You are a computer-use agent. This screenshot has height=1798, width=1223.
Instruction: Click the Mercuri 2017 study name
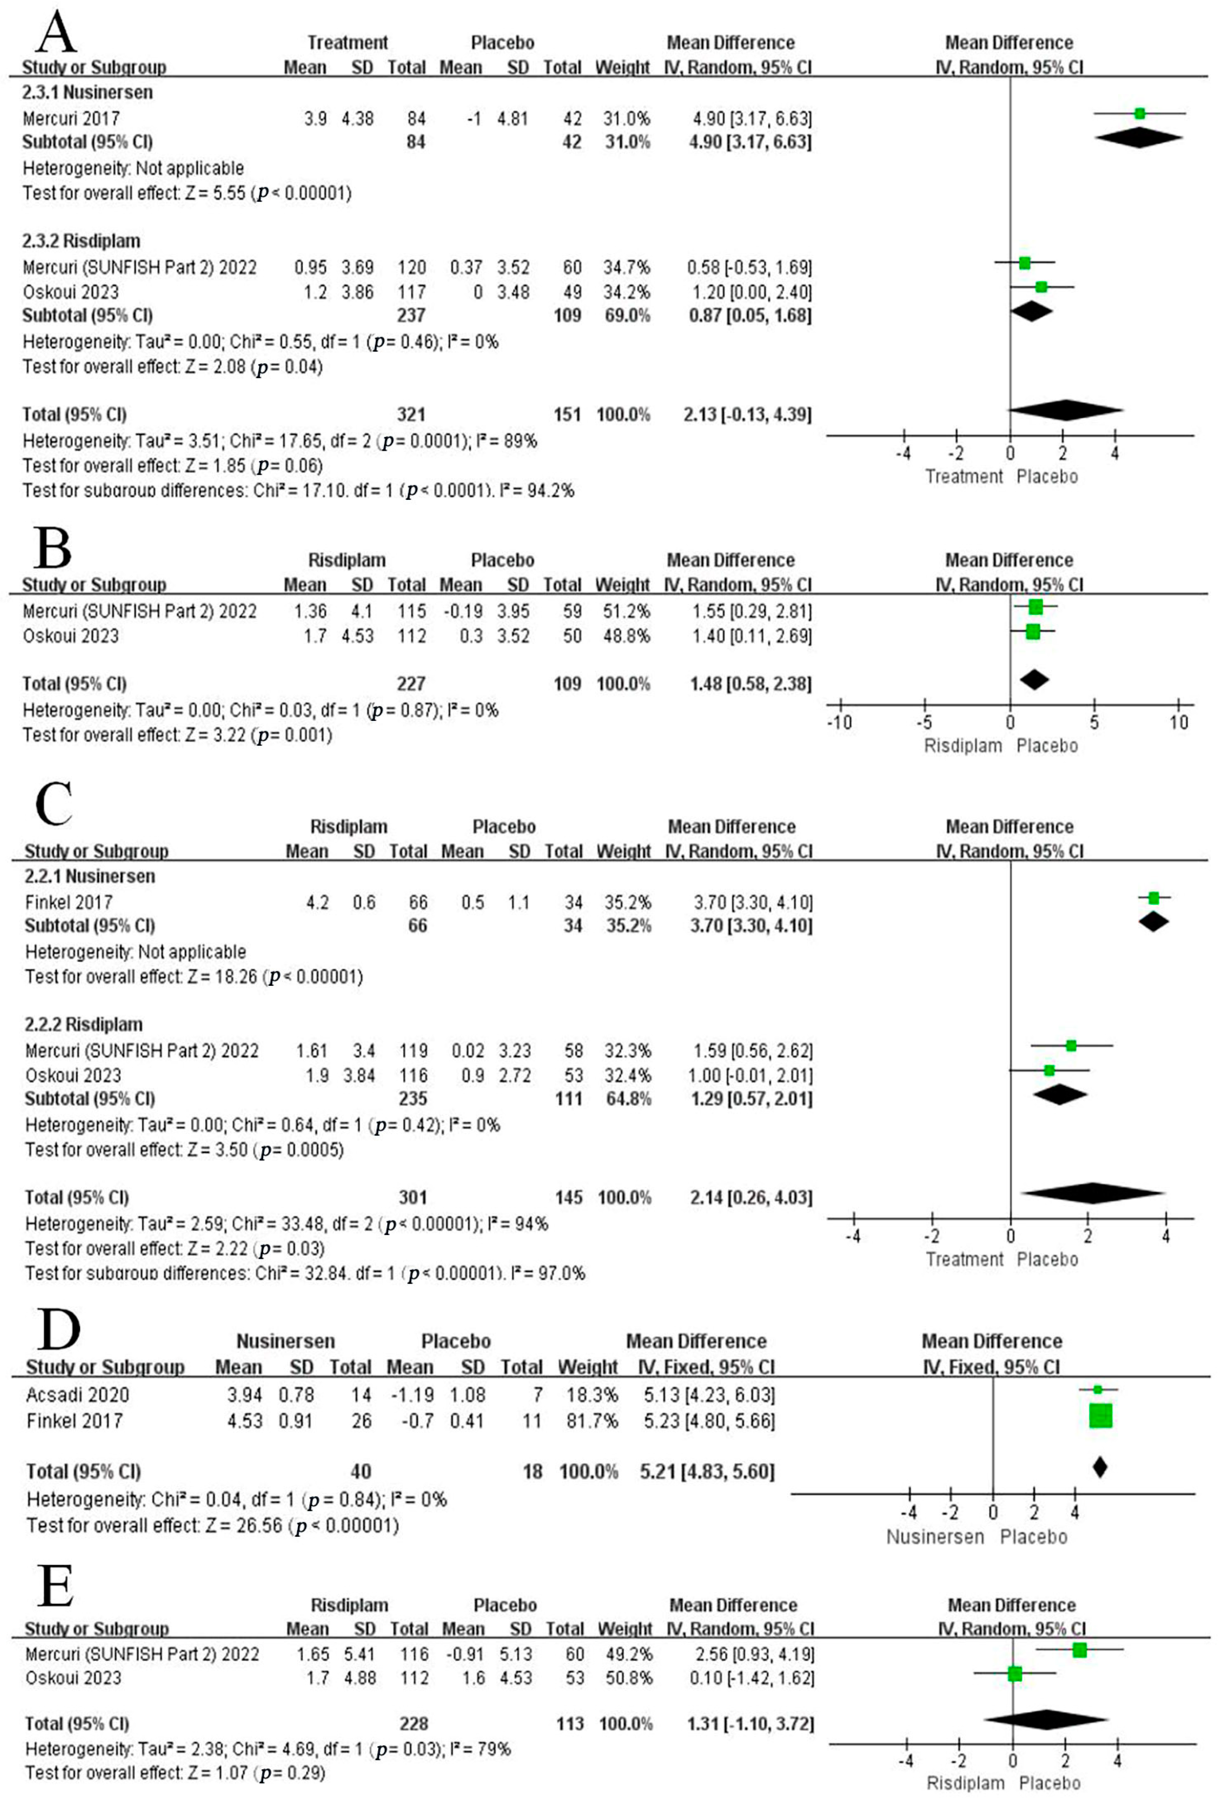pyautogui.click(x=71, y=119)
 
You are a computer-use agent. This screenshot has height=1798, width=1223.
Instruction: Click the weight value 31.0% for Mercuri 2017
pyautogui.click(x=627, y=119)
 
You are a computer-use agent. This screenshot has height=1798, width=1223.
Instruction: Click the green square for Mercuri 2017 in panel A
pyautogui.click(x=1140, y=114)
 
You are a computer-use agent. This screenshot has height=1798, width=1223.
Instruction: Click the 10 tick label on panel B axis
pyautogui.click(x=1178, y=723)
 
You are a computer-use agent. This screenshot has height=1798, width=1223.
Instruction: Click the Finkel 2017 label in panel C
pyautogui.click(x=69, y=902)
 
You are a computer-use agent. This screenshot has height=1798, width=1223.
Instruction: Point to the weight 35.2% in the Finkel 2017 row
pyautogui.click(x=628, y=902)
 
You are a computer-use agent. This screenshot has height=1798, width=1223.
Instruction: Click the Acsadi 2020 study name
pyautogui.click(x=77, y=1395)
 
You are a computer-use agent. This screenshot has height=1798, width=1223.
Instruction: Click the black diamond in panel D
pyautogui.click(x=1099, y=1466)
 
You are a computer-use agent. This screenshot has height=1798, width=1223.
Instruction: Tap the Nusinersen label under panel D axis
pyautogui.click(x=934, y=1537)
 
